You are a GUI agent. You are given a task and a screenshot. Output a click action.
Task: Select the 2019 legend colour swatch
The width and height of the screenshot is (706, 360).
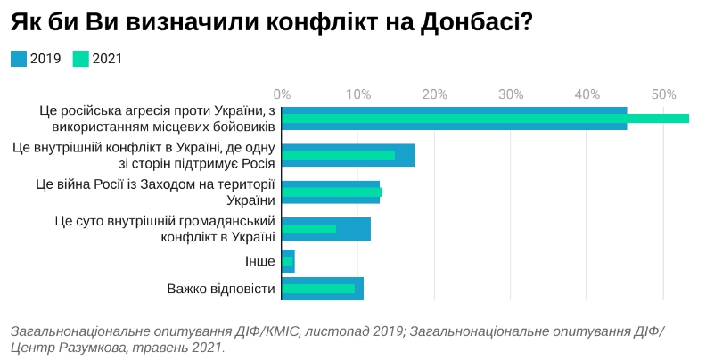pyautogui.click(x=19, y=59)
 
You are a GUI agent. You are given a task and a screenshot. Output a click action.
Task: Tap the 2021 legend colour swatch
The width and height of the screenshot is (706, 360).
pyautogui.click(x=81, y=59)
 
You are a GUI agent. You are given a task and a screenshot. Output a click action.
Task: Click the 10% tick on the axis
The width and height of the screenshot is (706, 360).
pyautogui.click(x=358, y=94)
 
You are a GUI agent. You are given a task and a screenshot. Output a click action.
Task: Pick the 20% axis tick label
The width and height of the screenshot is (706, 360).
pyautogui.click(x=434, y=94)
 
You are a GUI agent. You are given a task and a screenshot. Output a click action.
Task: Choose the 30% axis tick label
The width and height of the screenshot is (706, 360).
pyautogui.click(x=511, y=94)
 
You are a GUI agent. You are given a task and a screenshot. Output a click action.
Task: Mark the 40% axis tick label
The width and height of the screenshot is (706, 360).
pyautogui.click(x=587, y=94)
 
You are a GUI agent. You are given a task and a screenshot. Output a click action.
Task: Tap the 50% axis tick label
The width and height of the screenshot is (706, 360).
pyautogui.click(x=663, y=94)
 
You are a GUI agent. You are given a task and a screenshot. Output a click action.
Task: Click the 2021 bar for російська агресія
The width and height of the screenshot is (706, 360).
pyautogui.click(x=486, y=119)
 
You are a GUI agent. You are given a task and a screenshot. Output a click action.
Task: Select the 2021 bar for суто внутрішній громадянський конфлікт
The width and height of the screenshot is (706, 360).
pyautogui.click(x=309, y=229)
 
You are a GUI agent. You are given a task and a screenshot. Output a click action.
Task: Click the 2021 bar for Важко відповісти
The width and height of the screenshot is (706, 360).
pyautogui.click(x=318, y=289)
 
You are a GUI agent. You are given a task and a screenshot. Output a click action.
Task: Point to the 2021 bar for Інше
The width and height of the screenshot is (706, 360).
pyautogui.click(x=287, y=261)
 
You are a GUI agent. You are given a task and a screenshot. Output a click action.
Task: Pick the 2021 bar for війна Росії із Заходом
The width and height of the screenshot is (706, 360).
pyautogui.click(x=332, y=192)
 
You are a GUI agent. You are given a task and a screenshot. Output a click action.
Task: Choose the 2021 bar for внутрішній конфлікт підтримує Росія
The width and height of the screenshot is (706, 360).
pyautogui.click(x=338, y=155)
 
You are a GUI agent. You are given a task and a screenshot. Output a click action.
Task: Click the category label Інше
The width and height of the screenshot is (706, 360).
pyautogui.click(x=259, y=261)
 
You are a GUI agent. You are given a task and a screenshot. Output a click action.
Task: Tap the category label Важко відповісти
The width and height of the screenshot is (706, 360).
pyautogui.click(x=221, y=289)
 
